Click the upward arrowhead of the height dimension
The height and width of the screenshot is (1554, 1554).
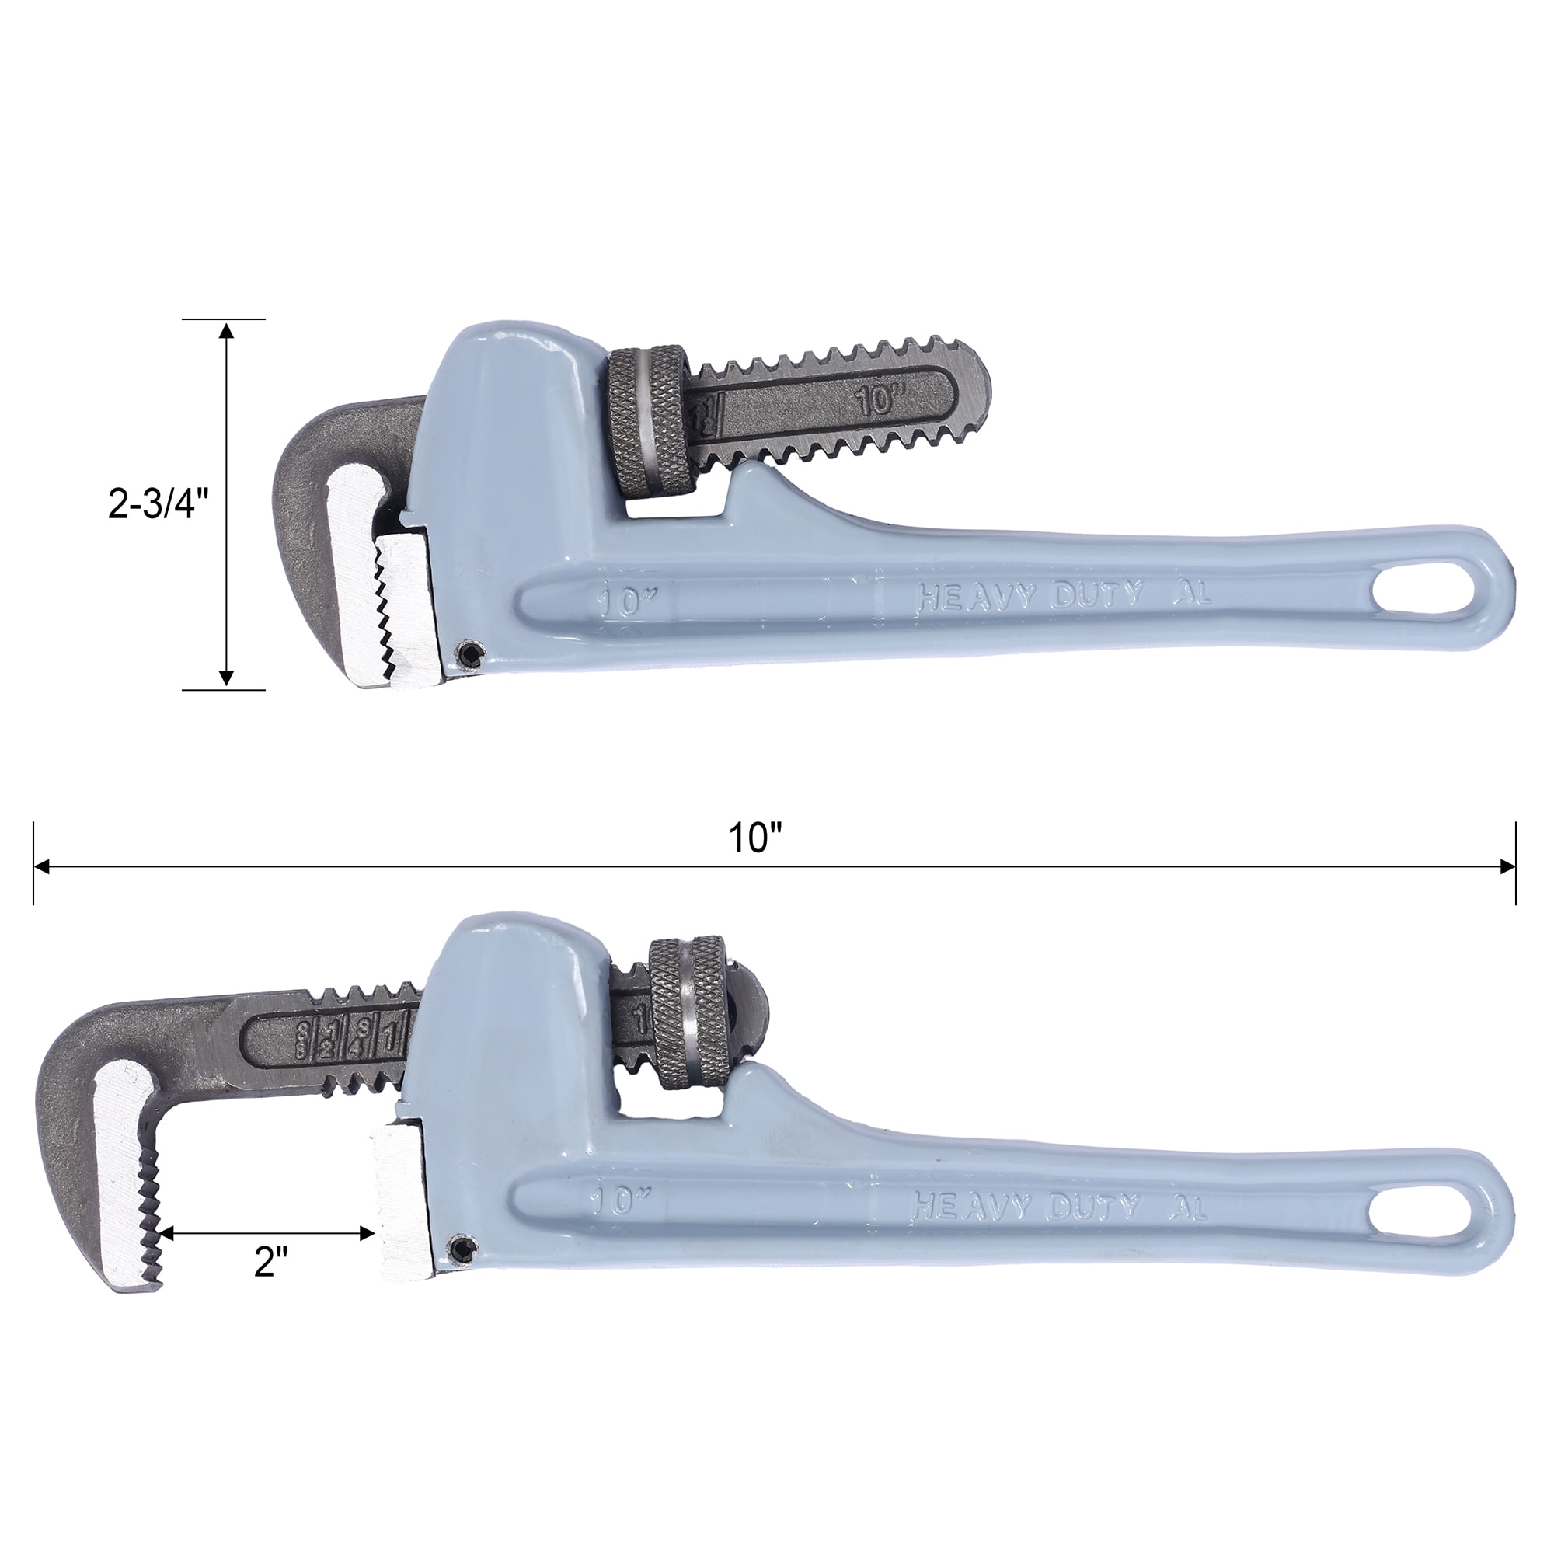[x=227, y=330]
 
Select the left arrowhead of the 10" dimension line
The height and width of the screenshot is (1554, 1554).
[x=41, y=867]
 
